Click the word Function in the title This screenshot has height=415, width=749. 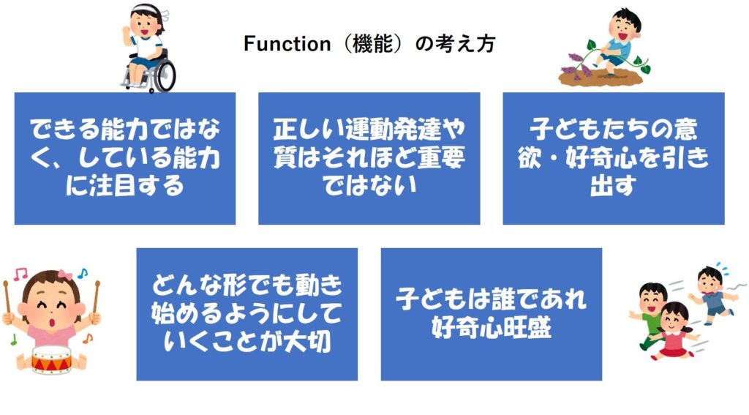pos(287,44)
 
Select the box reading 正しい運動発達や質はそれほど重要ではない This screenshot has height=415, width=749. pos(369,158)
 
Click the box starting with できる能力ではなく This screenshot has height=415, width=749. pos(125,158)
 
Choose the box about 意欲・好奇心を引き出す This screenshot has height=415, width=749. pos(614,158)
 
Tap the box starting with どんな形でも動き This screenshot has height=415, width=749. pos(247,314)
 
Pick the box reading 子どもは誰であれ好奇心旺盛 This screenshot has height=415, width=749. pos(491,314)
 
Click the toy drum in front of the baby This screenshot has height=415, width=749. pos(52,359)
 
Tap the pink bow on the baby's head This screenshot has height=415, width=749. pos(65,275)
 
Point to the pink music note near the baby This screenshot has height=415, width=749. pos(20,274)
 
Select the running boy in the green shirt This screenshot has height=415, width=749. pos(651,313)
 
